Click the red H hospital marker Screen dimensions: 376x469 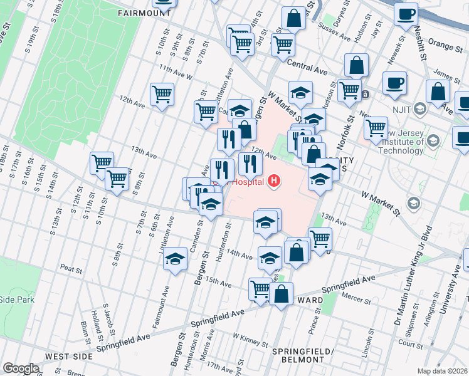coord(273,182)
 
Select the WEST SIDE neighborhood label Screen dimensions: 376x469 coord(70,356)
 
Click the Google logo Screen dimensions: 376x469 coord(21,368)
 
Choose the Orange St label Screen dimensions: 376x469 coord(445,45)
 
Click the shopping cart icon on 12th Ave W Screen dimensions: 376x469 coord(162,95)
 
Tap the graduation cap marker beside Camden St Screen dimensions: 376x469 coord(176,258)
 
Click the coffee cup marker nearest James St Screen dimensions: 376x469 coord(394,83)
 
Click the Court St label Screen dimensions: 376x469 coord(411,344)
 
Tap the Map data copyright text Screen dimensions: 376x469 coord(442,371)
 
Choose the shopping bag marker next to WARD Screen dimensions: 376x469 coord(282,294)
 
